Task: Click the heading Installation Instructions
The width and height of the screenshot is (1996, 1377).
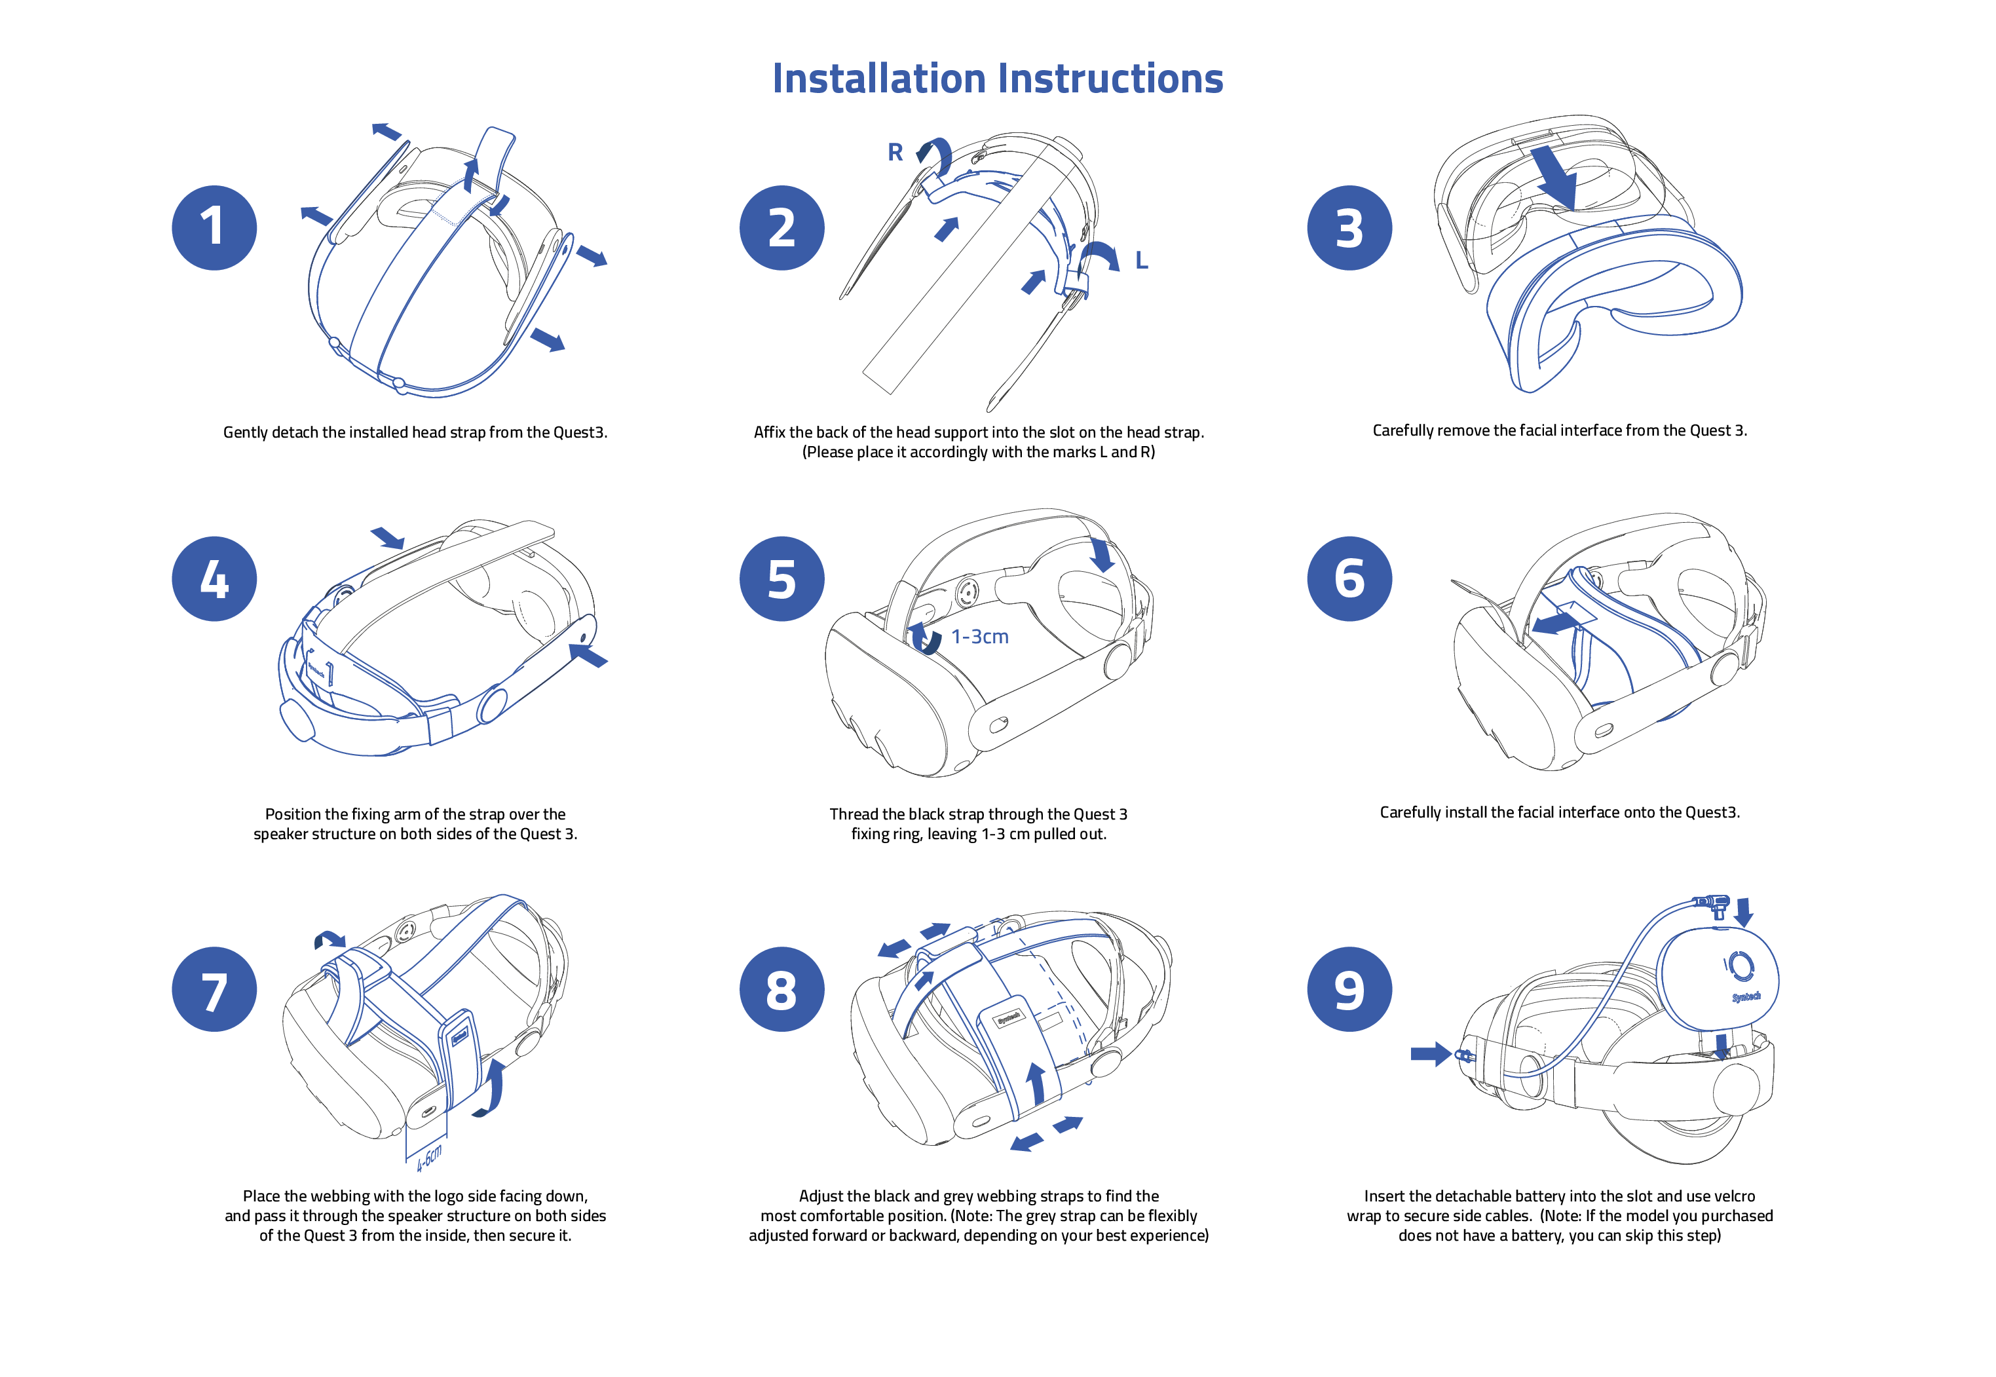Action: pyautogui.click(x=997, y=79)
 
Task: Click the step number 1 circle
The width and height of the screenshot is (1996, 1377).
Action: pyautogui.click(x=214, y=228)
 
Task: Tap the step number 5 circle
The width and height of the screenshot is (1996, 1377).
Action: pyautogui.click(x=781, y=579)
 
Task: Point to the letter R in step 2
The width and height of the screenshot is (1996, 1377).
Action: pyautogui.click(x=895, y=153)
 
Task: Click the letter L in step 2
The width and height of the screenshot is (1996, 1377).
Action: pyautogui.click(x=1141, y=261)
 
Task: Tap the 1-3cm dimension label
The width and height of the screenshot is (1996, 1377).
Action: pyautogui.click(x=980, y=637)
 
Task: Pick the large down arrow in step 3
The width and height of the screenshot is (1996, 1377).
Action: pyautogui.click(x=1555, y=177)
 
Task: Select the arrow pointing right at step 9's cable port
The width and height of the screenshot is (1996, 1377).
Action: pyautogui.click(x=1430, y=1053)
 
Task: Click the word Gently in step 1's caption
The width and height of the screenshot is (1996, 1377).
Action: pyautogui.click(x=245, y=432)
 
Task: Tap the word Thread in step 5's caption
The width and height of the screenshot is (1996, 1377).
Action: pyautogui.click(x=853, y=814)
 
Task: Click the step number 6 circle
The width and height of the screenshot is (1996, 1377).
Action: pyautogui.click(x=1349, y=579)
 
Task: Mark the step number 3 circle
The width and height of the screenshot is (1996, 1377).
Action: pyautogui.click(x=1349, y=228)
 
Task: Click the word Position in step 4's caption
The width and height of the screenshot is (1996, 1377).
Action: pyautogui.click(x=295, y=814)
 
